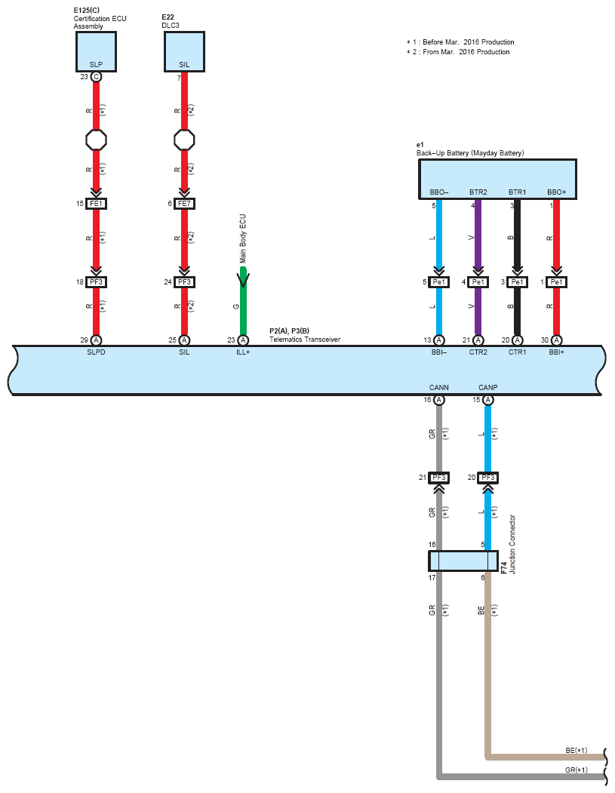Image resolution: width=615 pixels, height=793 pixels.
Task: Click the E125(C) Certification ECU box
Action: click(x=96, y=51)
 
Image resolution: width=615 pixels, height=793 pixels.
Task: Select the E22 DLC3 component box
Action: click(x=184, y=51)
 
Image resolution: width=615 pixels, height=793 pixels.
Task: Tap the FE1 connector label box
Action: click(x=96, y=204)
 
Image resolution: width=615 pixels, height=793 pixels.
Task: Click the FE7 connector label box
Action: click(x=184, y=204)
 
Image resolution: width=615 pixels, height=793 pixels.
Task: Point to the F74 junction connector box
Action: click(x=463, y=561)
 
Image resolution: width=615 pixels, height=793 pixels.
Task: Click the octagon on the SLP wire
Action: click(x=96, y=140)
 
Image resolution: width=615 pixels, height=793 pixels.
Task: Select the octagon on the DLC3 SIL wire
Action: click(x=184, y=140)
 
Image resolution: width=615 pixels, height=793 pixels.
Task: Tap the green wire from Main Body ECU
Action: click(x=243, y=301)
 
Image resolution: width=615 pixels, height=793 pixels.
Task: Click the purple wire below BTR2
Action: click(x=478, y=268)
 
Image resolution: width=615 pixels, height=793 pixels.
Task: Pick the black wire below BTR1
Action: click(x=517, y=268)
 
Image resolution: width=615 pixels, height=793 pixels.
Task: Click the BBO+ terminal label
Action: click(x=556, y=192)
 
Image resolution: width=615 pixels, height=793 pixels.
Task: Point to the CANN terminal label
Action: click(x=439, y=387)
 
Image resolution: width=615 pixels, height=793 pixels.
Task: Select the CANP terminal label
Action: click(x=488, y=387)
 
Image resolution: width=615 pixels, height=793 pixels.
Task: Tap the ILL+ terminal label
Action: click(x=243, y=352)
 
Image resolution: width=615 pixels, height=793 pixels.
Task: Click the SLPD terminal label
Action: click(x=96, y=352)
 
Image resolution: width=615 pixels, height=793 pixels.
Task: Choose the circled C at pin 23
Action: click(x=96, y=77)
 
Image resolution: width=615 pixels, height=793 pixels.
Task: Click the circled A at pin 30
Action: click(x=556, y=340)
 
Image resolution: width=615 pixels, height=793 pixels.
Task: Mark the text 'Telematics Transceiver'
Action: click(x=305, y=340)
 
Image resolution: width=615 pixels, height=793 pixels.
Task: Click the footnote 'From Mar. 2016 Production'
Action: click(x=466, y=52)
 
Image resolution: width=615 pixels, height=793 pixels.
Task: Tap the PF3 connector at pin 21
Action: click(x=439, y=478)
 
